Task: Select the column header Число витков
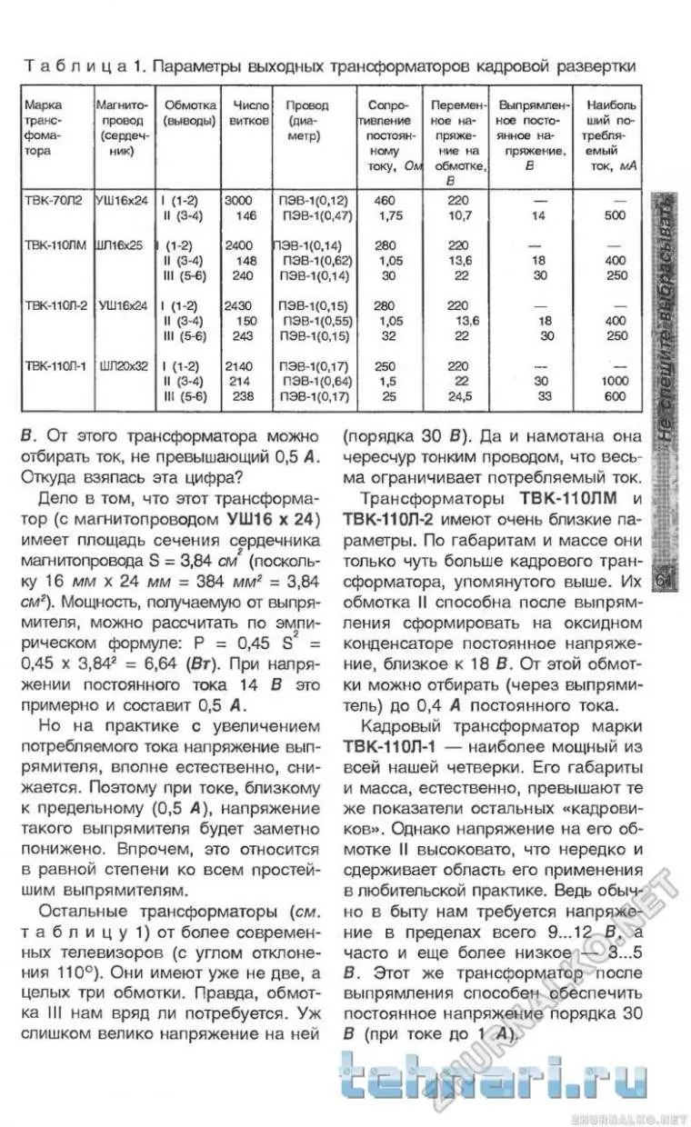[252, 112]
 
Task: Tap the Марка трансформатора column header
[45, 127]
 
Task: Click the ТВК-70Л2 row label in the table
[54, 200]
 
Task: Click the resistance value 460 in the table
[385, 200]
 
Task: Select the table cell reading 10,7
[461, 215]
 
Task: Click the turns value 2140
[238, 365]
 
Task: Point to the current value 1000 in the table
[616, 381]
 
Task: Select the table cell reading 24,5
[461, 396]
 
